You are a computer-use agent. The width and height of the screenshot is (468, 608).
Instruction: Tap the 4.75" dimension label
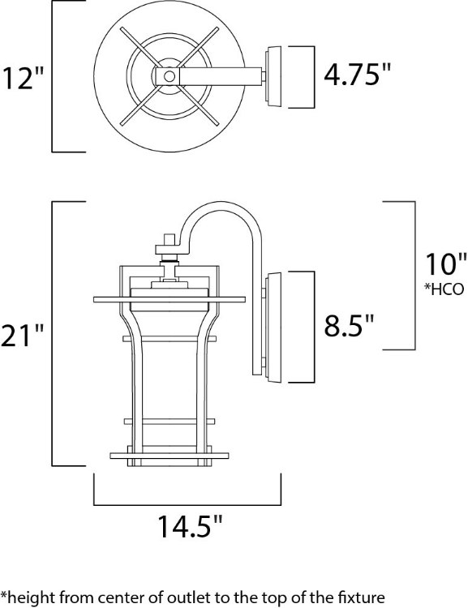(x=357, y=75)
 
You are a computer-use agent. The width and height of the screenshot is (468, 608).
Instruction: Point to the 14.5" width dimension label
(x=188, y=529)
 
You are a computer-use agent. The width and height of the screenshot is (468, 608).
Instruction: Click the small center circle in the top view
(x=169, y=76)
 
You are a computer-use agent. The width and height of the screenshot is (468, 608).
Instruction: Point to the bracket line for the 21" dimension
(x=54, y=334)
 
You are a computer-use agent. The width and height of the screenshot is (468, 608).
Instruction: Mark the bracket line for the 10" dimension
(x=414, y=276)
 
